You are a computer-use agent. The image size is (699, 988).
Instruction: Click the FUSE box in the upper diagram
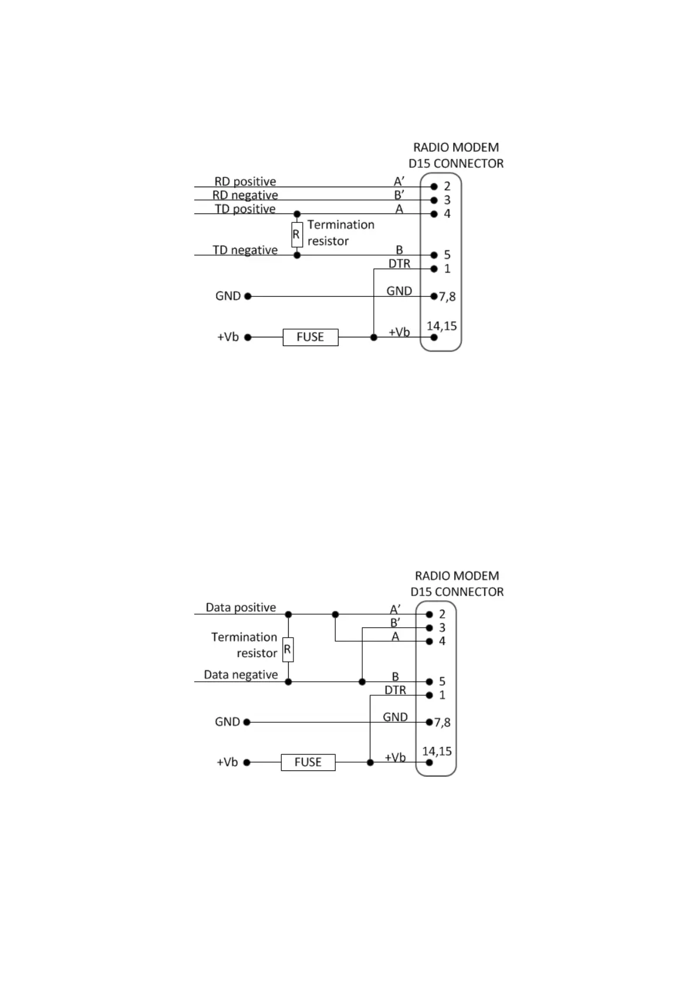[310, 337]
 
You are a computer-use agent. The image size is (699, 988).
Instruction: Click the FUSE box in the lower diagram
[308, 762]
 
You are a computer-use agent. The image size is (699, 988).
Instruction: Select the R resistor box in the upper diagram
[296, 235]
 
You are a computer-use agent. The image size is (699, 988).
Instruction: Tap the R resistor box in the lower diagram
[288, 649]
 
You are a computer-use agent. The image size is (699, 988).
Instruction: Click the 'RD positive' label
[245, 182]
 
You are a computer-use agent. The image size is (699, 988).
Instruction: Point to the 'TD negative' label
[245, 251]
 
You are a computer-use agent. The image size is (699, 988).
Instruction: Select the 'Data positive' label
[241, 608]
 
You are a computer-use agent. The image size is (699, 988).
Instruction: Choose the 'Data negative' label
[241, 675]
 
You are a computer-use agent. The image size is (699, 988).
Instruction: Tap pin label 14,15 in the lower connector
[437, 752]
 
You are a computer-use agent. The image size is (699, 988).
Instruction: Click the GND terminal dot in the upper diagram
[248, 296]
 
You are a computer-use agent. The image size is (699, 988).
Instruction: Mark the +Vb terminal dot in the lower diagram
[247, 763]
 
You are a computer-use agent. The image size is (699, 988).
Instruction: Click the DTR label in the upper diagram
[399, 264]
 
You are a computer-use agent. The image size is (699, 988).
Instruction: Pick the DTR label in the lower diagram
[395, 691]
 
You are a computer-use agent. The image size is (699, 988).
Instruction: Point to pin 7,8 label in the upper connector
[447, 297]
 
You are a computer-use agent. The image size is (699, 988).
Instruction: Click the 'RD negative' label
[245, 195]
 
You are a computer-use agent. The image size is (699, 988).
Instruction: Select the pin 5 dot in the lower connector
[430, 682]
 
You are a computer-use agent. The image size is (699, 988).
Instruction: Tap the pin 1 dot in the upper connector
[434, 269]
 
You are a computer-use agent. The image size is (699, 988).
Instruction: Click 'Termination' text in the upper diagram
[340, 225]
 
